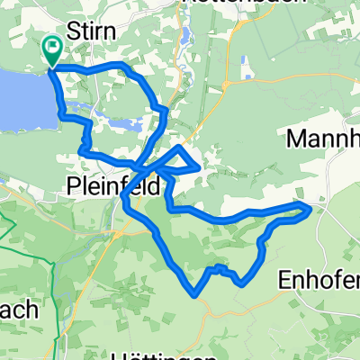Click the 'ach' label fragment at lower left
tap(18, 310)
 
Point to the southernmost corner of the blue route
tap(195, 292)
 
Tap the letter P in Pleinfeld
tap(74, 187)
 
